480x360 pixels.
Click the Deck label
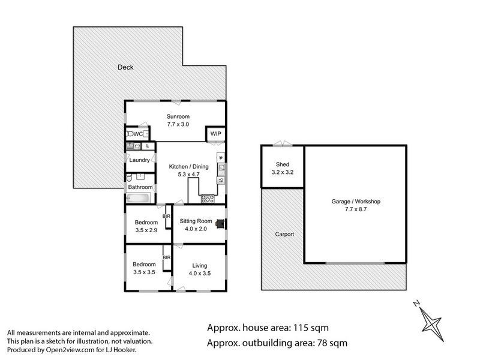coord(125,67)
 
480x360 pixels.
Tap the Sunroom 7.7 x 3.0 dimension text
coord(178,124)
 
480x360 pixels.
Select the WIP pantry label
coord(215,134)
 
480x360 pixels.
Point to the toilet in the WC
coord(130,134)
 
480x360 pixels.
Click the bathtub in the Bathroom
coord(139,198)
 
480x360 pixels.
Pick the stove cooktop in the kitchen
coord(208,199)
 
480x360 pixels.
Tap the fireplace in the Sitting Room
coord(220,224)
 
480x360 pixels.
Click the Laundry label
coord(139,160)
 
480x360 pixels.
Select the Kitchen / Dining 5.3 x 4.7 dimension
coord(188,175)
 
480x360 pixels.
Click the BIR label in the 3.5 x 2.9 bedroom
coord(167,217)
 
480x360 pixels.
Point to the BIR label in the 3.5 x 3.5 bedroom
coord(167,258)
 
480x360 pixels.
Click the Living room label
coord(200,266)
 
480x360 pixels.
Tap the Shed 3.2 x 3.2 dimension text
coord(282,172)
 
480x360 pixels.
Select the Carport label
coord(284,235)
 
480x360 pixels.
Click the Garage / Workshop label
coord(356,202)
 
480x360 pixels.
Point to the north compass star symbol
coord(431,323)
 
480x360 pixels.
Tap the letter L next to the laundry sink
coord(148,146)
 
